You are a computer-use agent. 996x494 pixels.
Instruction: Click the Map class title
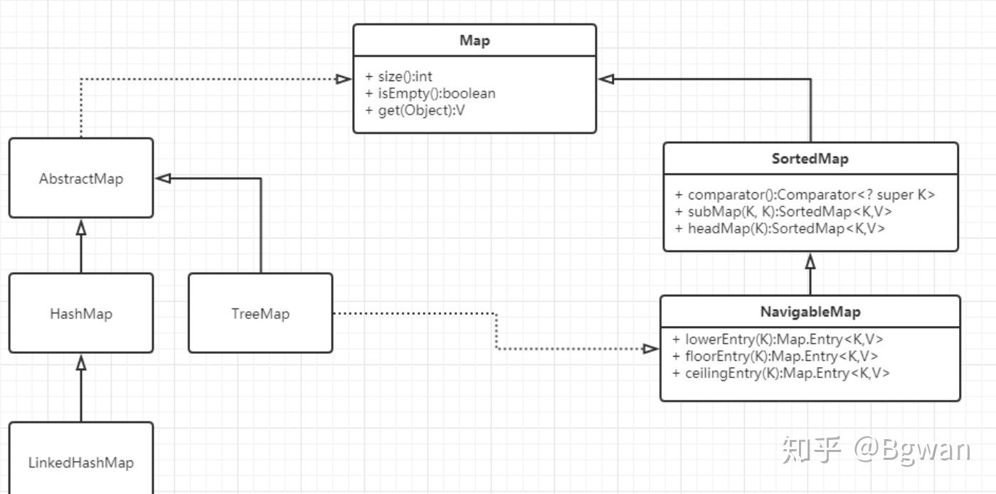(475, 41)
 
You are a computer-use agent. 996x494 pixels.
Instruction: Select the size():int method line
(399, 76)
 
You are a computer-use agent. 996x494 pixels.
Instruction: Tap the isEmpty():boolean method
(430, 93)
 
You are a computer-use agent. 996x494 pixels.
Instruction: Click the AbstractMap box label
(81, 179)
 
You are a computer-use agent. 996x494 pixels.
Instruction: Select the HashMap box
(81, 314)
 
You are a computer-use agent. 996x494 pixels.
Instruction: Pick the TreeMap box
(260, 314)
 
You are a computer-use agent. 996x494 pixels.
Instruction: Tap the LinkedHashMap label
(81, 463)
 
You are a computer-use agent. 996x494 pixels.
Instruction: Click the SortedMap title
(810, 159)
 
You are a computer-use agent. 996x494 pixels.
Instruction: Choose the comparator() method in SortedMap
(805, 194)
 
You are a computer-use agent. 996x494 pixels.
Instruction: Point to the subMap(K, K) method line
(783, 211)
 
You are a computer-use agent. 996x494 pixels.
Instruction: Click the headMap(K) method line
(780, 228)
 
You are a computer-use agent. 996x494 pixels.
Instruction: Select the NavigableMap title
(810, 312)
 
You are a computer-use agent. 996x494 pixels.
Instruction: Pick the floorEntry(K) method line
(775, 356)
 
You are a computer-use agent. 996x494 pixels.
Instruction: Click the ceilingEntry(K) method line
(781, 373)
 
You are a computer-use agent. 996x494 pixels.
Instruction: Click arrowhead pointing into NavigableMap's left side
(651, 349)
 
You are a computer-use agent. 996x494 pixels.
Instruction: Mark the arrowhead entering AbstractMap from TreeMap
(164, 179)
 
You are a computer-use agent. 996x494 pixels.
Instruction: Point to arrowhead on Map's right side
(607, 79)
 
